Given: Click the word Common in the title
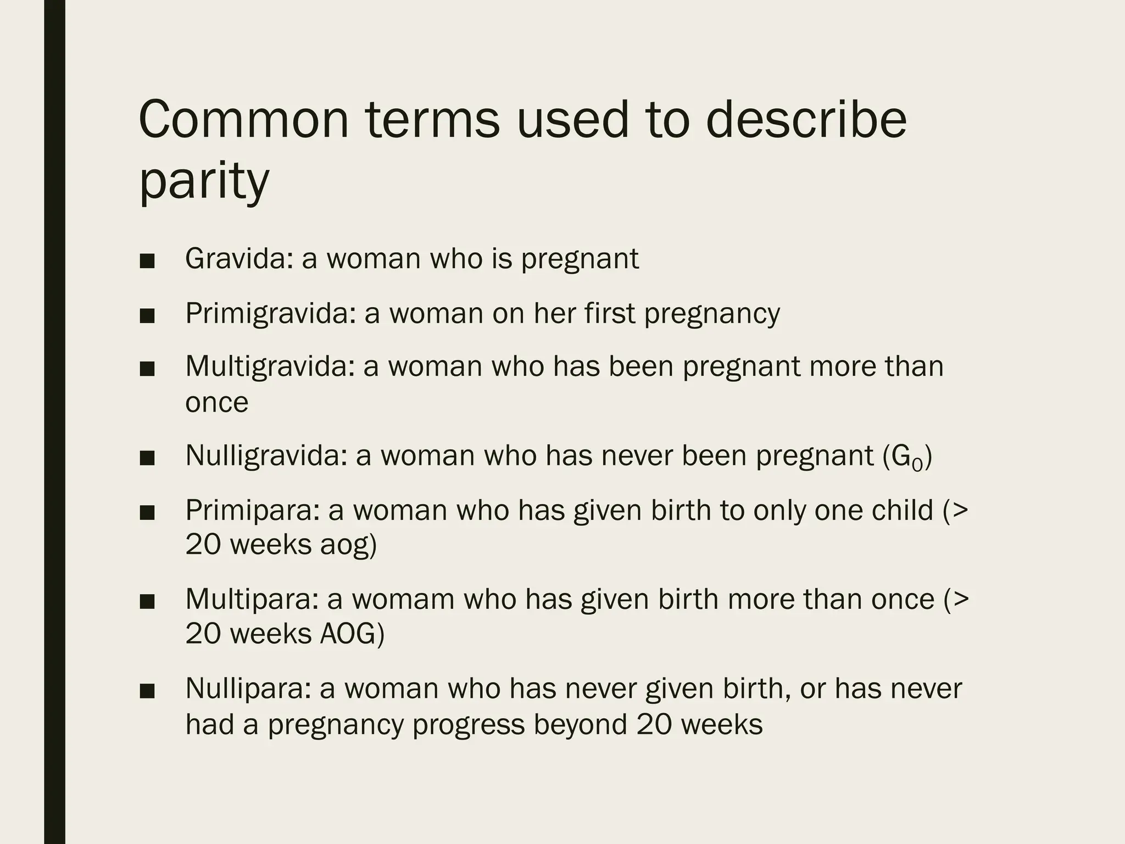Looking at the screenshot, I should pos(244,120).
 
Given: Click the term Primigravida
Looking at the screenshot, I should pos(271,313).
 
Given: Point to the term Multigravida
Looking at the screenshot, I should pos(270,366).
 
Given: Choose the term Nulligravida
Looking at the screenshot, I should pos(266,455).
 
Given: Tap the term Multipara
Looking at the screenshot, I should pos(252,598).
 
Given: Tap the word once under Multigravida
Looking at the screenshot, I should pos(216,402).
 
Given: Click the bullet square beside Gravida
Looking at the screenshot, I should pos(147,262).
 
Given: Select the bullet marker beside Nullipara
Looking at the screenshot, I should pos(147,691).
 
